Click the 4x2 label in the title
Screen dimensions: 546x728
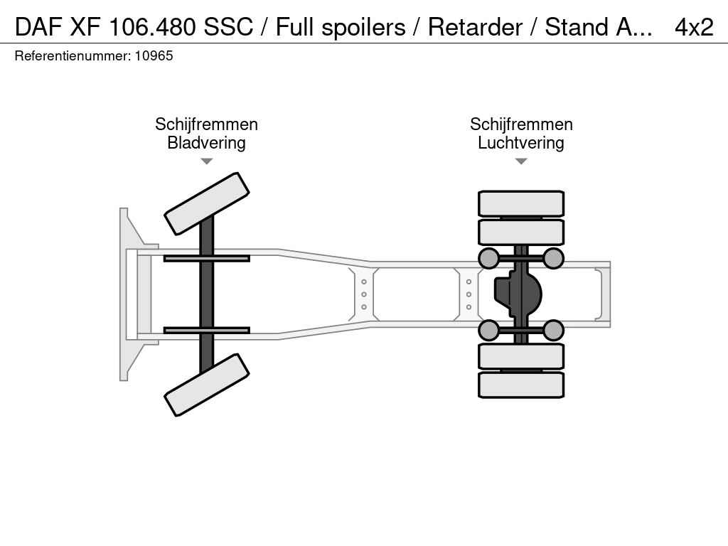693,27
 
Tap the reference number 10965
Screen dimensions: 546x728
153,55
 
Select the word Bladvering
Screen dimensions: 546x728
206,143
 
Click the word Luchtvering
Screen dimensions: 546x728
520,143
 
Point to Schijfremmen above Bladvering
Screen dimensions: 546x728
206,124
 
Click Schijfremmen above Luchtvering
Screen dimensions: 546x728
520,124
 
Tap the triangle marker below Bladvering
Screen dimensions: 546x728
206,161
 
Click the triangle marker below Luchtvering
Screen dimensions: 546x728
520,161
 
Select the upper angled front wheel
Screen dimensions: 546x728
206,203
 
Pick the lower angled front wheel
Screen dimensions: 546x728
206,385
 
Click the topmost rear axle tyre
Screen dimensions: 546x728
521,203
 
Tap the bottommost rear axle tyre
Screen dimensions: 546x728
521,385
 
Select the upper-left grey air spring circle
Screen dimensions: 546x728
488,258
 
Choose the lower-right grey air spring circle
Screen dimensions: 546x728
553,330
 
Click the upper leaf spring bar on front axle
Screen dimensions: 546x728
206,258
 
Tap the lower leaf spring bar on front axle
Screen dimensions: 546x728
206,330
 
